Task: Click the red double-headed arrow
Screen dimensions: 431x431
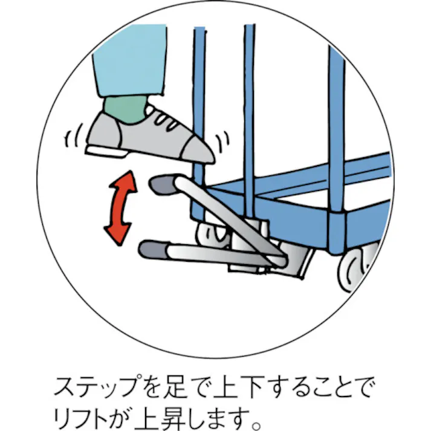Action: (x=121, y=207)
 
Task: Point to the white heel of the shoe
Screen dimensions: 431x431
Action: (x=106, y=151)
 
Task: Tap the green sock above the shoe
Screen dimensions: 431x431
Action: (x=125, y=109)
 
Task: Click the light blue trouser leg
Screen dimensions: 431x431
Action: (x=130, y=60)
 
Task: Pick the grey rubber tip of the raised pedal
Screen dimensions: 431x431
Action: (x=163, y=184)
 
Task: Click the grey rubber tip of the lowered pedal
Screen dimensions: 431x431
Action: (x=153, y=250)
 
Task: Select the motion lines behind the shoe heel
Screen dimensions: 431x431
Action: (x=74, y=136)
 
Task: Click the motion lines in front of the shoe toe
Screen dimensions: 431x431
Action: (x=222, y=141)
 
